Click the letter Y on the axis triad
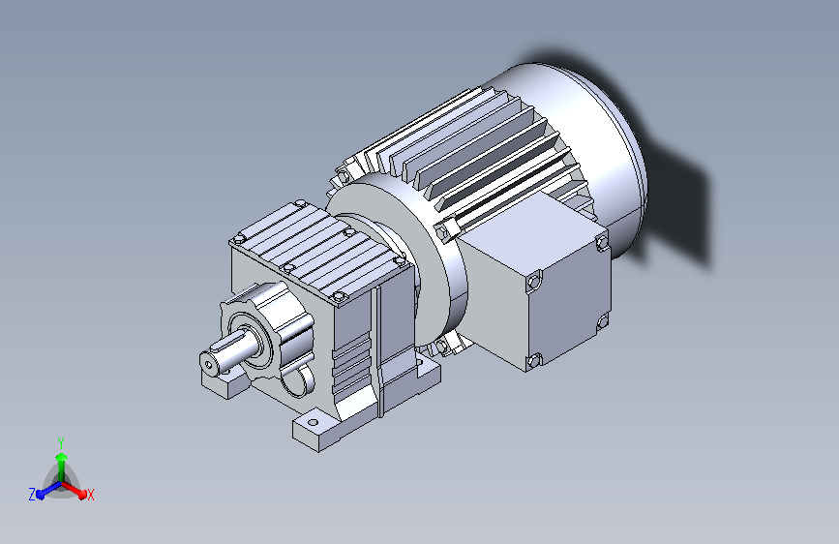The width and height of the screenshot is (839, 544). [61, 442]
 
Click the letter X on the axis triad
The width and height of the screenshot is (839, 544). [90, 495]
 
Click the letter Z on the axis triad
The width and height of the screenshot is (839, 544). [32, 495]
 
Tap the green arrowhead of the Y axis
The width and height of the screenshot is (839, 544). [62, 457]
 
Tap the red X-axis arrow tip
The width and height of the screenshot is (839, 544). [82, 493]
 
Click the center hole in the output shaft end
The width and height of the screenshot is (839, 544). [208, 364]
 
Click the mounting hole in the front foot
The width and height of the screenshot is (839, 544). [313, 422]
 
